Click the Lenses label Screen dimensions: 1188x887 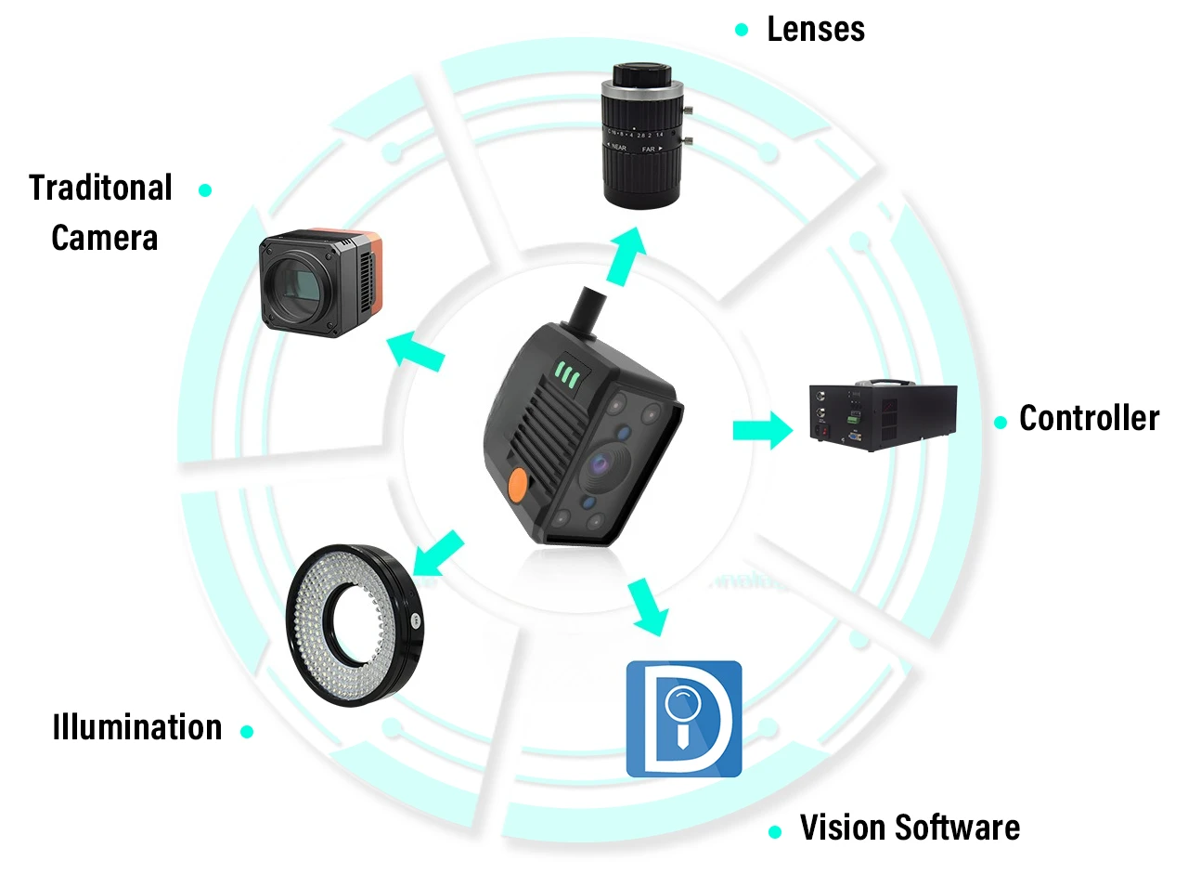pyautogui.click(x=815, y=29)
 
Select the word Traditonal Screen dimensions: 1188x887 pyautogui.click(x=100, y=188)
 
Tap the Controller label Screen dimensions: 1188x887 pyautogui.click(x=1089, y=418)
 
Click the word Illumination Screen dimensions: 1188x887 pyautogui.click(x=137, y=726)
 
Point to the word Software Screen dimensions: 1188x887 pyautogui.click(x=957, y=828)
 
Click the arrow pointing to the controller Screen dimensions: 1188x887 pyautogui.click(x=763, y=431)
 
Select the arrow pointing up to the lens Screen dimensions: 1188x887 pyautogui.click(x=627, y=255)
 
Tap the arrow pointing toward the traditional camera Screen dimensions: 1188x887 pyautogui.click(x=415, y=351)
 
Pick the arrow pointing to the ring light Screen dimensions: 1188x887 pyautogui.click(x=438, y=554)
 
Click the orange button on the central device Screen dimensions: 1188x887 pyautogui.click(x=519, y=484)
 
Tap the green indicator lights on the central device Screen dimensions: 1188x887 pyautogui.click(x=567, y=373)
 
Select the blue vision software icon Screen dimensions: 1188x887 pyautogui.click(x=684, y=719)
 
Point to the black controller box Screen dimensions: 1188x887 pyautogui.click(x=884, y=415)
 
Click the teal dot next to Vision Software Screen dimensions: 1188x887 pyautogui.click(x=775, y=831)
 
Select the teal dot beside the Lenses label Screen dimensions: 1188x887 pyautogui.click(x=742, y=30)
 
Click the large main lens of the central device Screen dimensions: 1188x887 pyautogui.click(x=603, y=465)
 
